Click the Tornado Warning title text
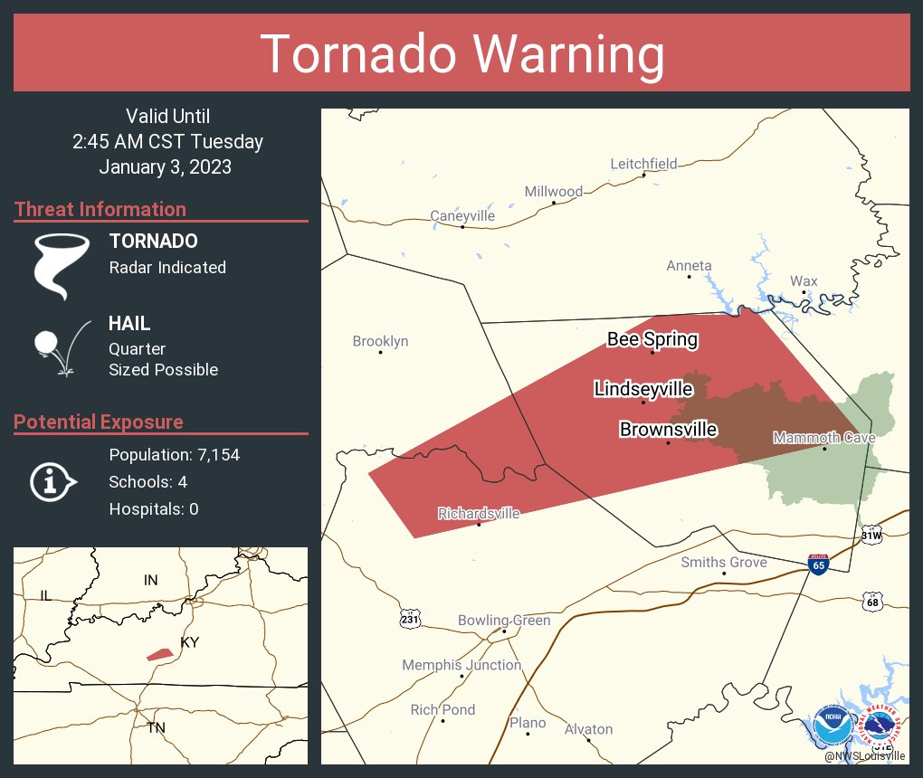click(461, 54)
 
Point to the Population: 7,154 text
click(174, 455)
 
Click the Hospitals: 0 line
click(153, 509)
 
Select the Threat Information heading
click(100, 210)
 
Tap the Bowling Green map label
click(503, 621)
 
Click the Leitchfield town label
click(642, 164)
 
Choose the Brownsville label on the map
click(668, 430)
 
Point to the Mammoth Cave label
click(823, 439)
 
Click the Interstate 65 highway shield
click(817, 565)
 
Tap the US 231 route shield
click(410, 619)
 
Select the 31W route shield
click(871, 534)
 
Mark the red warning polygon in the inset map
click(159, 654)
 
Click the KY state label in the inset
click(190, 642)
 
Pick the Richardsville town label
click(479, 514)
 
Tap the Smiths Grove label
click(723, 563)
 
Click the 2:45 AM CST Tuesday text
click(167, 142)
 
